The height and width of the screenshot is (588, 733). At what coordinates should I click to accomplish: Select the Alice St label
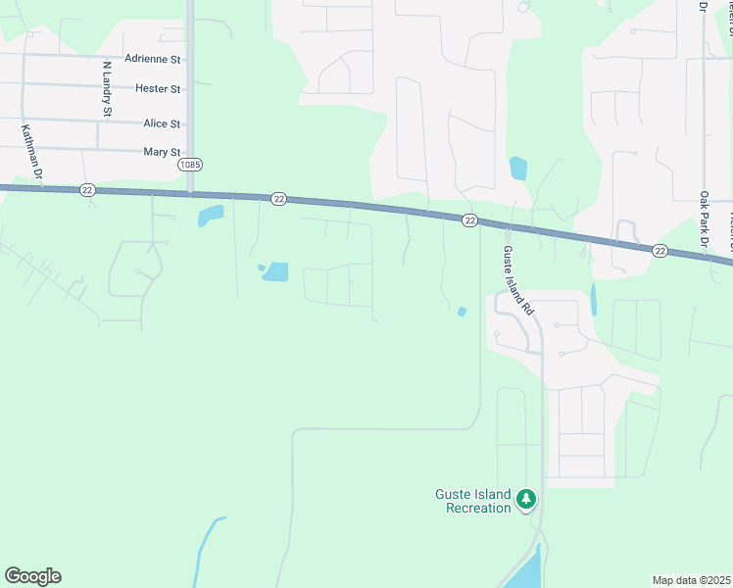162,123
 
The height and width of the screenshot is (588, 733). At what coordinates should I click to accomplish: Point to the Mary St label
162,152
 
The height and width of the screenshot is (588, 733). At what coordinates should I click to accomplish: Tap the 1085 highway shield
190,165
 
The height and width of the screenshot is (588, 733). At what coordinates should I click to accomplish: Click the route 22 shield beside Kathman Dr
88,190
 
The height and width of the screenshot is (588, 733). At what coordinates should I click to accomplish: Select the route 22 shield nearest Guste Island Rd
470,220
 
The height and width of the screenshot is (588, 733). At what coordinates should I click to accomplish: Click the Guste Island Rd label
517,280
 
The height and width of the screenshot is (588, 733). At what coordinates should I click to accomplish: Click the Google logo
32,576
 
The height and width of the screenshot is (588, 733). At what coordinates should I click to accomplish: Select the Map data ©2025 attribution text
691,580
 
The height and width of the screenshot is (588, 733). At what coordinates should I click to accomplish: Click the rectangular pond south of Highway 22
276,271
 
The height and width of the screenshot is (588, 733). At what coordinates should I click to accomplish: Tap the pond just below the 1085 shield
210,216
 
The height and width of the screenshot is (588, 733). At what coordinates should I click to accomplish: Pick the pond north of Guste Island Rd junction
518,169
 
